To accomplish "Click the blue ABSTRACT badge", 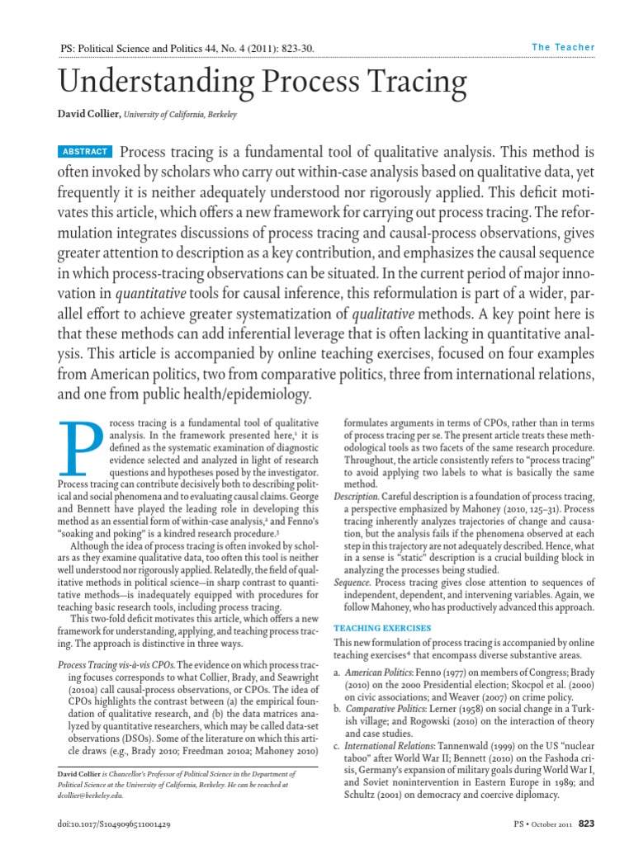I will coord(85,152).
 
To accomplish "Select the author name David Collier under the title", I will coord(88,115).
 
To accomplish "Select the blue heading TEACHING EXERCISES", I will coord(382,628).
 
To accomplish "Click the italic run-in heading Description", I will coord(357,495).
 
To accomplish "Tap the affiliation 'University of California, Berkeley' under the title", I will coord(180,115).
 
